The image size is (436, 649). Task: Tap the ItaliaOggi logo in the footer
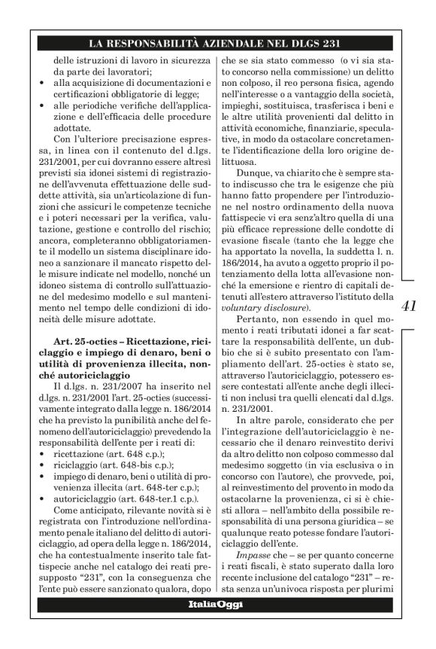pos(212,627)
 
